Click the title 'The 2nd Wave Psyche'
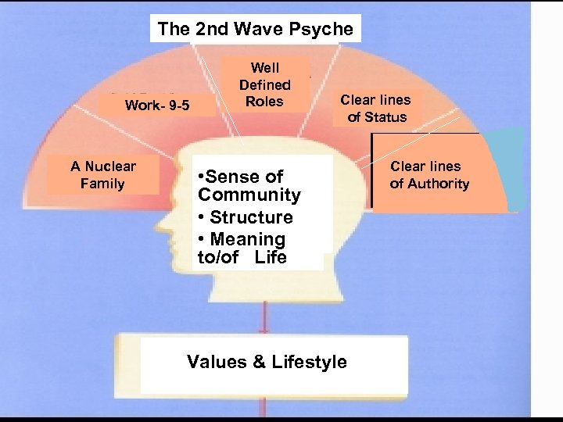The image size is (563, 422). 256,29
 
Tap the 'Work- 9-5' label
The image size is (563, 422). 157,105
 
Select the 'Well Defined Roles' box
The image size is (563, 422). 264,84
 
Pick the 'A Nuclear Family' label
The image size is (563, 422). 102,175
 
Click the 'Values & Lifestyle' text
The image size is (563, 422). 267,361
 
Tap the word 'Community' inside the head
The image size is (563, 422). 249,195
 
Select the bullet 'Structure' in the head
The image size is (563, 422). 251,217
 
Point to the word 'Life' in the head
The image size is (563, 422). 270,258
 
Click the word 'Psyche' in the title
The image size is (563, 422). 326,29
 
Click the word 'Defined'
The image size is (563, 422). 264,84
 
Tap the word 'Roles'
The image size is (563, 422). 264,101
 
